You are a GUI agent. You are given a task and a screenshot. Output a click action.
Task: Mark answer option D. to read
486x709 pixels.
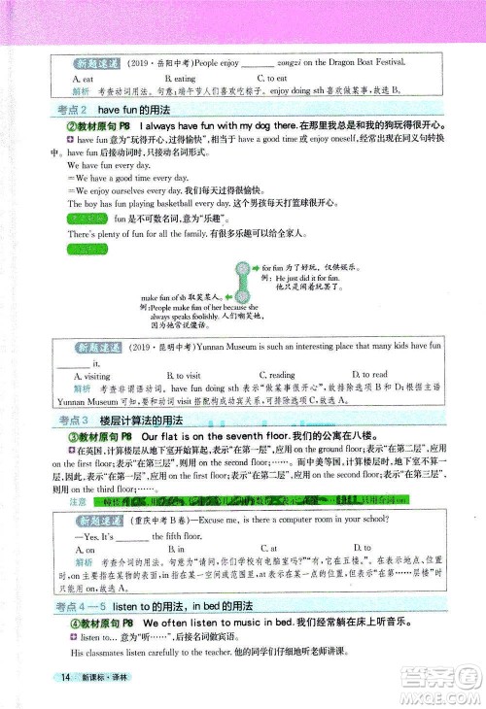(368, 374)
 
